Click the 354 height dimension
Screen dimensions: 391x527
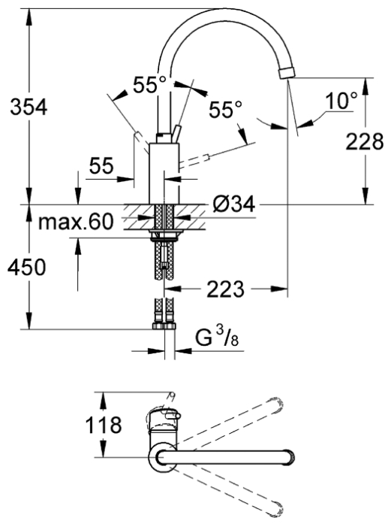point(29,108)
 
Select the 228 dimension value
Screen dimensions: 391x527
point(365,141)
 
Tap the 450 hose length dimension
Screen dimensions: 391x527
point(26,268)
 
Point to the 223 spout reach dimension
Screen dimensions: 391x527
point(225,289)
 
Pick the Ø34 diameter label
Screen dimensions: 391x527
point(234,204)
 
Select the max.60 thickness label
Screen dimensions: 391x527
point(76,223)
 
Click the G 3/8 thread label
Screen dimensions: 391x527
point(217,337)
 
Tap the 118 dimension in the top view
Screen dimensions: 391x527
point(104,425)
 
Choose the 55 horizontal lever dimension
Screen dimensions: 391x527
point(101,165)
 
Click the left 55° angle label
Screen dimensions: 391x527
point(149,85)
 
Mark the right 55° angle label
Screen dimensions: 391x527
point(225,109)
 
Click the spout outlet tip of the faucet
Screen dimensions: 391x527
point(287,73)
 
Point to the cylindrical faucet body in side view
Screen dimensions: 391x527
point(164,174)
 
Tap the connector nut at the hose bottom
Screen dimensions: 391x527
point(164,326)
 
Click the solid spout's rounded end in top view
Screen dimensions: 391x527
point(289,458)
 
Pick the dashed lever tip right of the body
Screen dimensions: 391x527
point(207,156)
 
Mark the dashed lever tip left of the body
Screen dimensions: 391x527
point(137,135)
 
